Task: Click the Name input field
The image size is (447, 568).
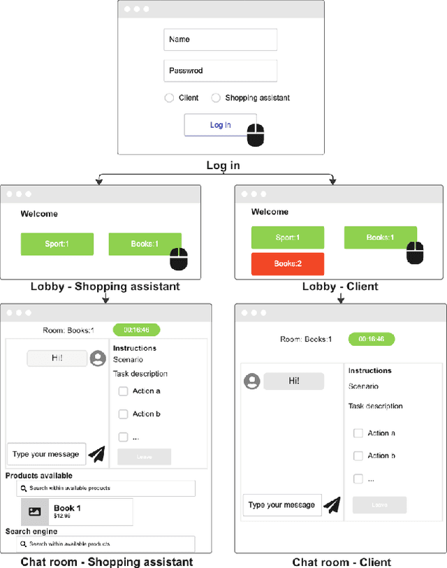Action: [220, 40]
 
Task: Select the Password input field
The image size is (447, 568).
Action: [220, 71]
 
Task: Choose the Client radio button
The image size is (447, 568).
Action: [169, 98]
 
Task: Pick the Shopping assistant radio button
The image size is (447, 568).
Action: [216, 98]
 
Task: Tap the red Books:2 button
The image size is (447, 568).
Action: [287, 263]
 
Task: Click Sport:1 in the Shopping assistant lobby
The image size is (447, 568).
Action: [57, 244]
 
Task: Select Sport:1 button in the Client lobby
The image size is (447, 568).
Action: [287, 238]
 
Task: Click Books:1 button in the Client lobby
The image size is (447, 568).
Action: [380, 238]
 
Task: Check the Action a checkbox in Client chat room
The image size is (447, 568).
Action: [358, 433]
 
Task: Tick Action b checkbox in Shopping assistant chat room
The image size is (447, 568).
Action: [123, 414]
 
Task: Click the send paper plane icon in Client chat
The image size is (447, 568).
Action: [332, 504]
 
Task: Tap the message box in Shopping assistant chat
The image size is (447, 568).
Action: [46, 454]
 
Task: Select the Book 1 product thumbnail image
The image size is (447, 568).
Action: [34, 511]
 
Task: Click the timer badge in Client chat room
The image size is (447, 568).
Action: [372, 339]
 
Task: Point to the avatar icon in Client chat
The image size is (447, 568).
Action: [251, 381]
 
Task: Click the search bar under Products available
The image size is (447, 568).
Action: [106, 488]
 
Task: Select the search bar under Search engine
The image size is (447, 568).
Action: [106, 544]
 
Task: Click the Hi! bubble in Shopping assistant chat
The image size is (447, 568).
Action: [57, 358]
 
